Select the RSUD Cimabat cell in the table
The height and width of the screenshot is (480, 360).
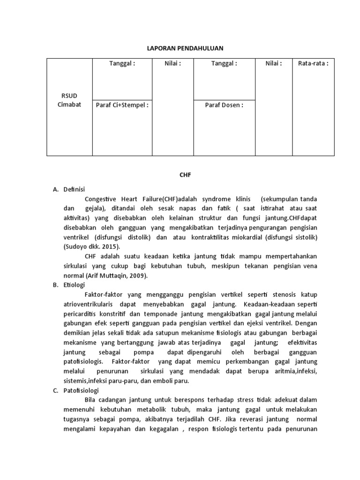tap(69, 100)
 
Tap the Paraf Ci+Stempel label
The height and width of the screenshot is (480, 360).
tap(122, 105)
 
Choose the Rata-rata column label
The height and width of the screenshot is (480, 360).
tap(313, 64)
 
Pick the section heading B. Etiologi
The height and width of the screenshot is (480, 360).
tap(68, 285)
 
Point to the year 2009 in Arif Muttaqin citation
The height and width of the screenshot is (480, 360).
tap(136, 276)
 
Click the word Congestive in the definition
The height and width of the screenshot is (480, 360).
tap(102, 199)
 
